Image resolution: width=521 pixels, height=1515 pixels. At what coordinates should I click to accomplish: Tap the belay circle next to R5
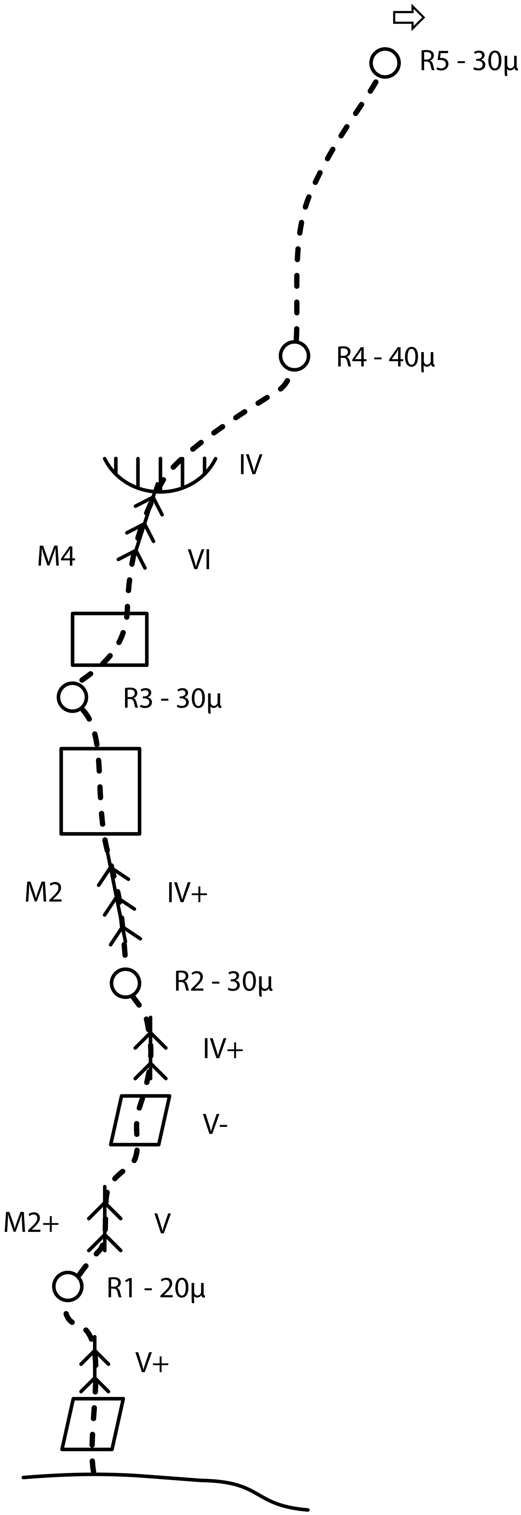click(385, 63)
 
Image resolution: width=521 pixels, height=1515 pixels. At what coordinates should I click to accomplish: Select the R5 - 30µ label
click(468, 62)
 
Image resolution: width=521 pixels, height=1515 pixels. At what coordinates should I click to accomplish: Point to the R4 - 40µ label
click(385, 357)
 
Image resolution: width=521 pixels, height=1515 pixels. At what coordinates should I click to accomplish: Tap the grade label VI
click(199, 560)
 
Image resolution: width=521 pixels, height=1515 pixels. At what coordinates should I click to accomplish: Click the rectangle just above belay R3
click(109, 639)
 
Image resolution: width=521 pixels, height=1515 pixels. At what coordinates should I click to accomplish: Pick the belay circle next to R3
click(73, 697)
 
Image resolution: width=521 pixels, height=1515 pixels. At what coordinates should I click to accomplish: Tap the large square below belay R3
click(101, 791)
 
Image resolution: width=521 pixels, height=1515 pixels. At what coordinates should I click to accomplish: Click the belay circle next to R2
click(125, 982)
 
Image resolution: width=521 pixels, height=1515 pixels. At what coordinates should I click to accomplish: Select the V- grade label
click(215, 1124)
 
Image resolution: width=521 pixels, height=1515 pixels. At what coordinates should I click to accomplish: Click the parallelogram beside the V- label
click(141, 1120)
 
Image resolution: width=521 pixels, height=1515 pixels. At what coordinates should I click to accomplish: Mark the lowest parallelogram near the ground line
click(93, 1423)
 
